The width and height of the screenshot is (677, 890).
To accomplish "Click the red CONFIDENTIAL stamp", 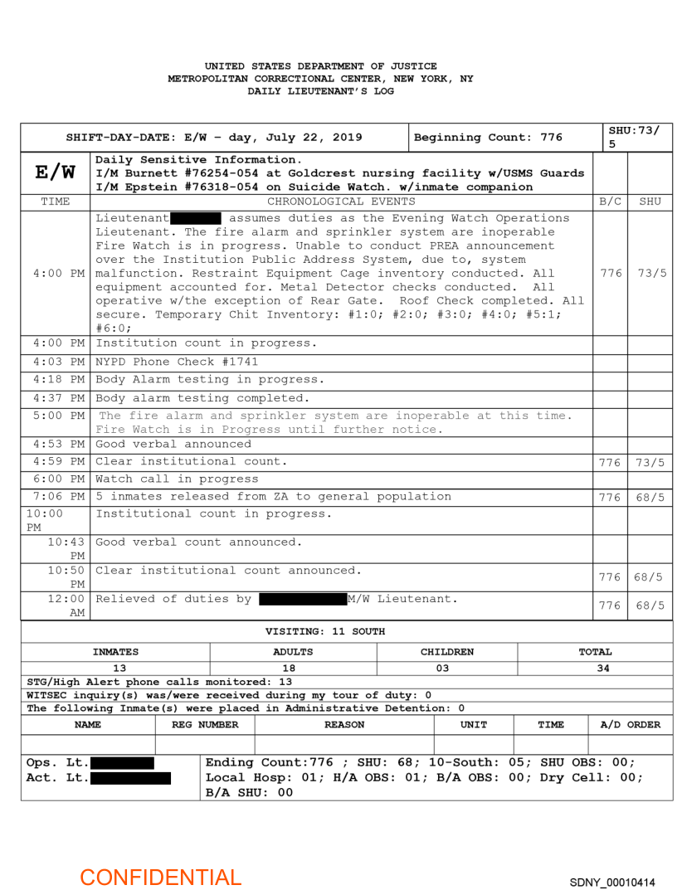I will tap(160, 877).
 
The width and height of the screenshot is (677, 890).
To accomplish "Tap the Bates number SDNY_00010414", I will tap(612, 882).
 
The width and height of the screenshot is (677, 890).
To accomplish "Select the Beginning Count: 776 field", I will tap(488, 138).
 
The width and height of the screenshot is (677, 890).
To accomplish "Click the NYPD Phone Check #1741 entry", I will tap(177, 362).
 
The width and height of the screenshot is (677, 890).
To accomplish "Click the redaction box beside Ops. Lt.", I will tap(122, 763).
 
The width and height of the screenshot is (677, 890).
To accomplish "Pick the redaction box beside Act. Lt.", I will tap(130, 778).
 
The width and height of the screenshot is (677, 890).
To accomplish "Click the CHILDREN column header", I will tap(447, 652).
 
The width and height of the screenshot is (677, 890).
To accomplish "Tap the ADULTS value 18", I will tap(293, 668).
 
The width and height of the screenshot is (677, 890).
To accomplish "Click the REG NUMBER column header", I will tap(205, 724).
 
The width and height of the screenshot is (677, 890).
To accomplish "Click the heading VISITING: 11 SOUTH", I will tap(324, 631).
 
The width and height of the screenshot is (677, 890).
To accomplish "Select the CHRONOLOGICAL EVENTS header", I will tap(341, 201).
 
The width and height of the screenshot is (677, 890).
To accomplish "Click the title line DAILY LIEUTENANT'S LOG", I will tap(320, 91).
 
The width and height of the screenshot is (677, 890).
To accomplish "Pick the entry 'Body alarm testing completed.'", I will tap(202, 397).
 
